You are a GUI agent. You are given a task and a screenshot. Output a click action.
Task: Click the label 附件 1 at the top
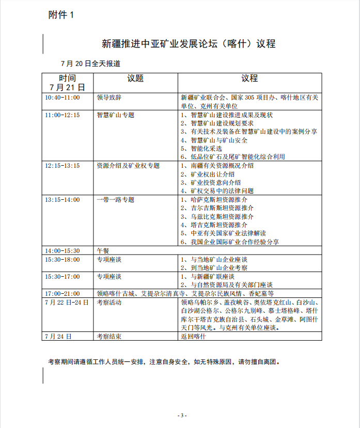(61, 15)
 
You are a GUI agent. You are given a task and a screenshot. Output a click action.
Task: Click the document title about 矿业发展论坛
(189, 43)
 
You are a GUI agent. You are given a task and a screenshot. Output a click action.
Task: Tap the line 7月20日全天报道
(91, 64)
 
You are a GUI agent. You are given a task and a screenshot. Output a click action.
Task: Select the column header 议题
(135, 78)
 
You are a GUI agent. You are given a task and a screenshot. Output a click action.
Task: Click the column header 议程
(249, 78)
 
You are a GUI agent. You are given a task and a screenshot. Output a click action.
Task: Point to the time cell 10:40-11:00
(62, 98)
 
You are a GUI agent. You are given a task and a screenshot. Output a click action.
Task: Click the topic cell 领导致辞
(109, 98)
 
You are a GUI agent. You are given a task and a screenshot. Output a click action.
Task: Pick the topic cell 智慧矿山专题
(115, 115)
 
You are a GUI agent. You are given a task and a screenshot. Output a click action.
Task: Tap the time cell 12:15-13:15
(62, 166)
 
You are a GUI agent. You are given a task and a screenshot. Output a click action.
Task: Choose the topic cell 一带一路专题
(115, 199)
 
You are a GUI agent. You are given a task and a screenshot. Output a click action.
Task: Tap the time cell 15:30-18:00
(62, 259)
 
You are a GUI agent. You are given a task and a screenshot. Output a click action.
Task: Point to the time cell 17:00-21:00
(62, 293)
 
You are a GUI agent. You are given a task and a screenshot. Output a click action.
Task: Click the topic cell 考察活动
(109, 302)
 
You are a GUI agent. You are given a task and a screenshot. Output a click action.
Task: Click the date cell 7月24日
(58, 336)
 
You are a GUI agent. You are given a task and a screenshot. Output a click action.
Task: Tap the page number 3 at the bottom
(180, 415)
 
